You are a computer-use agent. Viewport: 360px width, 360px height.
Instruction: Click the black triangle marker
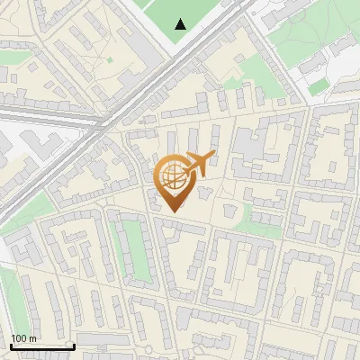tap(181, 24)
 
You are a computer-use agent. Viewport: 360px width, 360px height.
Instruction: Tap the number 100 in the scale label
tap(19, 338)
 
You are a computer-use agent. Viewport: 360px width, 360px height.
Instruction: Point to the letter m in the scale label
tap(32, 338)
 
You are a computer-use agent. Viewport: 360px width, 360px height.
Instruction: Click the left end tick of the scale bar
tap(10, 346)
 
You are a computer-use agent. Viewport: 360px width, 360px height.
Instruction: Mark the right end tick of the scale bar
tap(74, 346)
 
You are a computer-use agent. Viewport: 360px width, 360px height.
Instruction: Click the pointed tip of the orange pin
tap(174, 211)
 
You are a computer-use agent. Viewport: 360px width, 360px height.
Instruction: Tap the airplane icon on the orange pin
tap(197, 164)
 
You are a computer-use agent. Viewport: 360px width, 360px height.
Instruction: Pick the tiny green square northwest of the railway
tap(110, 60)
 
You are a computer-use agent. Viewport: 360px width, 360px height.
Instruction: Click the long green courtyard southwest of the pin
tap(132, 247)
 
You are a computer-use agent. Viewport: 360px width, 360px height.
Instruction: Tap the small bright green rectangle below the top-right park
tap(316, 89)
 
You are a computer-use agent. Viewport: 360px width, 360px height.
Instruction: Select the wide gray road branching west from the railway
tap(45, 112)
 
